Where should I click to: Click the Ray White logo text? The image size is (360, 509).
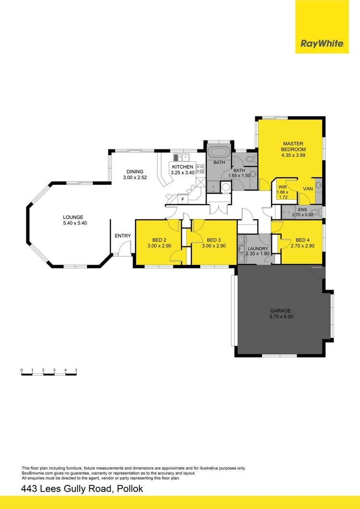pos(322,44)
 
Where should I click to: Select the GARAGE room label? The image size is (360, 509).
pos(281,311)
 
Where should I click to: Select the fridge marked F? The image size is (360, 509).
pos(182,198)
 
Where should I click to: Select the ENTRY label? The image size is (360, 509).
pos(123,235)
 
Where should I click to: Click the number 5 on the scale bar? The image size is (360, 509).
pos(76,370)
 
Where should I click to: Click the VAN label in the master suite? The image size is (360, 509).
pos(308,189)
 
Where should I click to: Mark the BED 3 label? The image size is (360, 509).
pos(213,240)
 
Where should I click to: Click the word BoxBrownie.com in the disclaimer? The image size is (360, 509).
pos(38,473)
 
